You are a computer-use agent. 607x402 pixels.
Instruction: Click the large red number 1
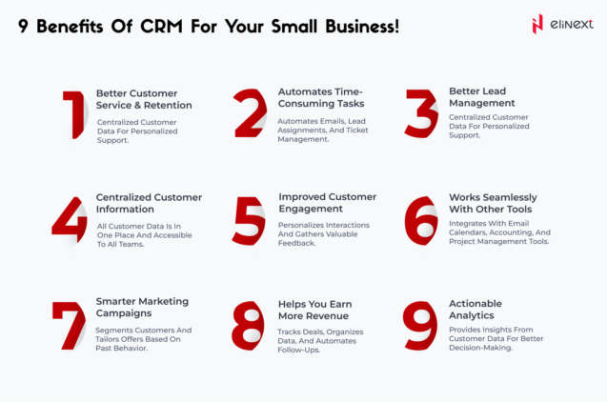click(73, 115)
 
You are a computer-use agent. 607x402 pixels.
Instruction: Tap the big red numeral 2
click(250, 115)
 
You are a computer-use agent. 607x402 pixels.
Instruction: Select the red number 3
click(421, 115)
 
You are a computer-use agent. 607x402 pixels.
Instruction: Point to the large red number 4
click(70, 220)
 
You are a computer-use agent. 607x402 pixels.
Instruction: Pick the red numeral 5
click(249, 220)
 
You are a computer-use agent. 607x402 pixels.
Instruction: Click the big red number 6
click(421, 220)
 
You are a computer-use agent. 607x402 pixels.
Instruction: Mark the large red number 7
click(70, 325)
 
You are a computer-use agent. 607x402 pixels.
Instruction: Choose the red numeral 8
click(249, 325)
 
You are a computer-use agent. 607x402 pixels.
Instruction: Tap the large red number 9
click(421, 325)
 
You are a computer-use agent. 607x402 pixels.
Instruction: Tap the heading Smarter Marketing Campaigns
click(142, 307)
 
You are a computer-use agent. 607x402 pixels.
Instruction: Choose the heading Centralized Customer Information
click(149, 203)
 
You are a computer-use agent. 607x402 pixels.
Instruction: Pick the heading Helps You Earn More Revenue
click(314, 310)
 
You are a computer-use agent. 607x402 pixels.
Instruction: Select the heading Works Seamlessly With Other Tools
click(498, 203)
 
